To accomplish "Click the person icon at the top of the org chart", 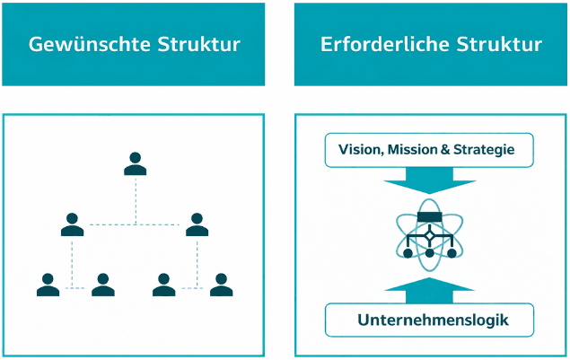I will tap(135, 162).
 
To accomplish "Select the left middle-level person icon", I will tap(73, 224).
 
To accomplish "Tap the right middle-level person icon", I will tap(197, 224).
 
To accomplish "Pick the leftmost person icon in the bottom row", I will tap(48, 285).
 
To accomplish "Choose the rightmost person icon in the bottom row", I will tap(221, 285).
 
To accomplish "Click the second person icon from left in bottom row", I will tap(104, 285).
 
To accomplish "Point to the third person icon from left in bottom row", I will tap(164, 285).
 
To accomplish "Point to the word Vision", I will tap(359, 149).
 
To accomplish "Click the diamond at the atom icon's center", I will tap(429, 235).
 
